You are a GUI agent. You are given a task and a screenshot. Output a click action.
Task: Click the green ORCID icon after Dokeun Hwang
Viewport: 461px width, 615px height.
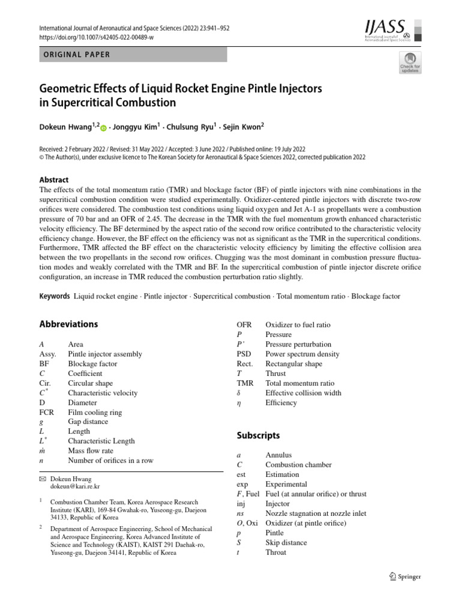(x=103, y=128)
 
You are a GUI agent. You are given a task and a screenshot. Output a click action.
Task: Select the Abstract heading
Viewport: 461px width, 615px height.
(x=53, y=180)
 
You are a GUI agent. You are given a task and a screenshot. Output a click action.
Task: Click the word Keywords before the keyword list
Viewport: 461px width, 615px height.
(x=55, y=297)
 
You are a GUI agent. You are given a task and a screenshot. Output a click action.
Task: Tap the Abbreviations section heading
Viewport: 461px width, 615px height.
(x=68, y=324)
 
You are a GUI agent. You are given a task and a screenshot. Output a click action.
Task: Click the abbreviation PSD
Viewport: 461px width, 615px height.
(x=244, y=354)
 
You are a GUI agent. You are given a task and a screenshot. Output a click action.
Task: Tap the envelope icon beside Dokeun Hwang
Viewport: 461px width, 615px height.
(x=42, y=479)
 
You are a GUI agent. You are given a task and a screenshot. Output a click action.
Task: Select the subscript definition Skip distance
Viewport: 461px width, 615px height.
(x=286, y=542)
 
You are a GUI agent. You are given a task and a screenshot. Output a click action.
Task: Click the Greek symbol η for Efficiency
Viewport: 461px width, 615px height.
(x=240, y=402)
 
